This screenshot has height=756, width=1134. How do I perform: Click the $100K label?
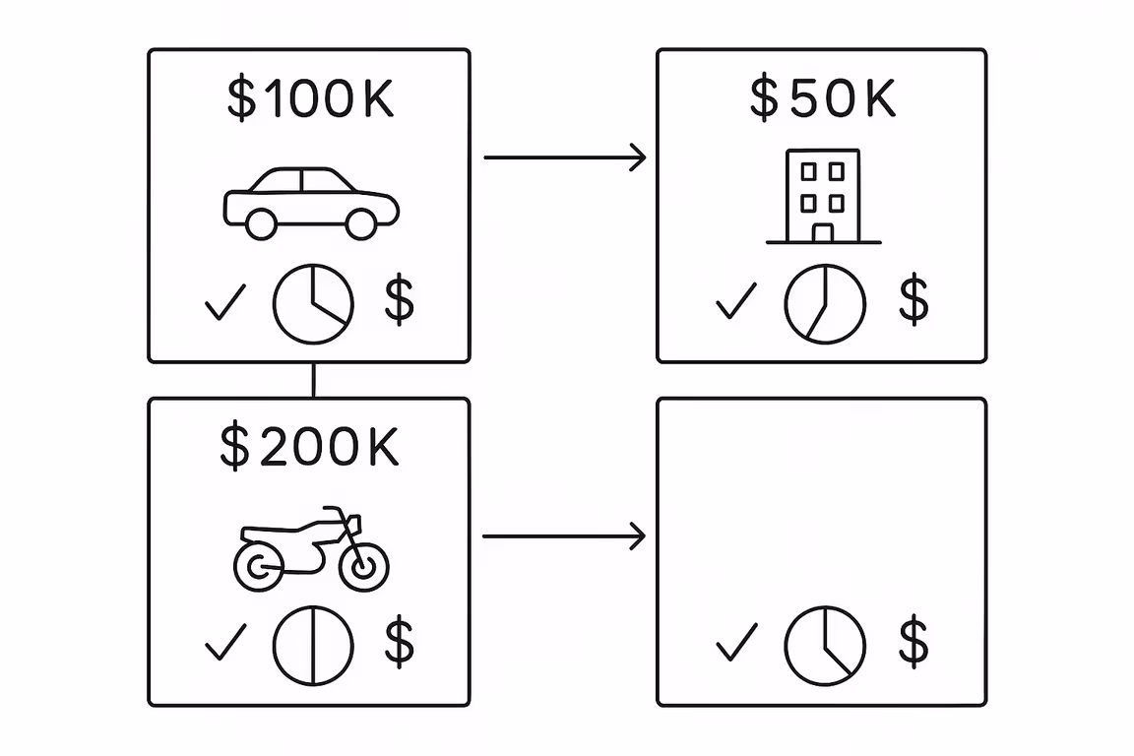click(x=310, y=98)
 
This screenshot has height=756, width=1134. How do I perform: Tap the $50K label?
click(x=822, y=98)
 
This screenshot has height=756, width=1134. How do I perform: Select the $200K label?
click(x=310, y=447)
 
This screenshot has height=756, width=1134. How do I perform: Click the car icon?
click(x=311, y=203)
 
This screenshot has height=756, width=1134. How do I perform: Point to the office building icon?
click(x=823, y=197)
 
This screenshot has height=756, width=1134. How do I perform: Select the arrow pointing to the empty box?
click(x=563, y=536)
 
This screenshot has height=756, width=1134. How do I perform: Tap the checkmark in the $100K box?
click(x=224, y=303)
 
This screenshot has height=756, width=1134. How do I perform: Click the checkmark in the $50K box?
click(x=735, y=301)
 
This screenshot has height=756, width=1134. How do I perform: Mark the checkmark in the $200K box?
click(x=224, y=645)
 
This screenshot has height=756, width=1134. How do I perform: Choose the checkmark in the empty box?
click(x=736, y=643)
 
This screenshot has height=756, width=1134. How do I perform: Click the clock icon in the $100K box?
click(x=313, y=303)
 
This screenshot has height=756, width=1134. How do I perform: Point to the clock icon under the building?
click(x=825, y=303)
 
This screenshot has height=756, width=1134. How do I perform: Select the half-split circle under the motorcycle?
click(x=313, y=646)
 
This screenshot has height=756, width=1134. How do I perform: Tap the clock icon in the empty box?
click(x=825, y=645)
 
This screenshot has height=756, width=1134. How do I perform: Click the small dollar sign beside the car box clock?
click(x=399, y=301)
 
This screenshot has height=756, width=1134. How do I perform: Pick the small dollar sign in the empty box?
click(x=913, y=643)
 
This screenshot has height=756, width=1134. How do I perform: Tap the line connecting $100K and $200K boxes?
click(x=313, y=380)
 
